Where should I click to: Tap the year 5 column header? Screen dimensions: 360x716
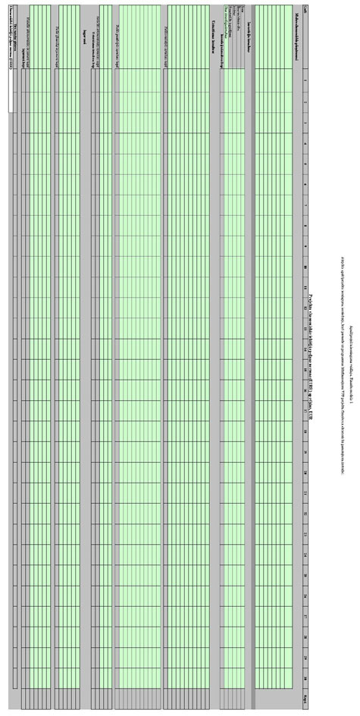(305, 164)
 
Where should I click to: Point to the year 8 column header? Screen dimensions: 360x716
(305, 226)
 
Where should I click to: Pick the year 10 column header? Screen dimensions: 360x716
(305, 267)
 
